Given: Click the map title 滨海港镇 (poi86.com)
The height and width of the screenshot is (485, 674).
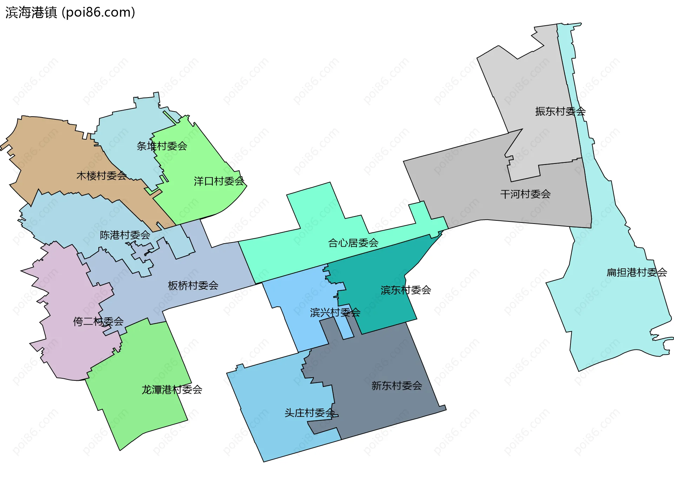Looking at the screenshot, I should tap(70, 13).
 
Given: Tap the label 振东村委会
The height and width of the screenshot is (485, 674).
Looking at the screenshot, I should tap(560, 112).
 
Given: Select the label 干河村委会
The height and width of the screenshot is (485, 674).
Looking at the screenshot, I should tap(525, 194).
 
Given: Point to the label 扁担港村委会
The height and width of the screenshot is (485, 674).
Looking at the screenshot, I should tap(637, 272).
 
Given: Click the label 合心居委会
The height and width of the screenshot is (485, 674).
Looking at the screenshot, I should tap(353, 243).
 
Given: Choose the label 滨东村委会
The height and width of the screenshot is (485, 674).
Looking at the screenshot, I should tap(406, 290).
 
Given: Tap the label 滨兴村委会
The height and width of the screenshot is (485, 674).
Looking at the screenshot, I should tap(335, 312).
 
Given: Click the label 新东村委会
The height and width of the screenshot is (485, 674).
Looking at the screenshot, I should tap(397, 386).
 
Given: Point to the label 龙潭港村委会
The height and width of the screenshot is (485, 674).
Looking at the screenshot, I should tap(172, 390).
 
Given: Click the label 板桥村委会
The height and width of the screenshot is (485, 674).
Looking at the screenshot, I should tap(193, 286).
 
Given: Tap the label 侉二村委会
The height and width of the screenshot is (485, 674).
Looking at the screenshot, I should tap(98, 321).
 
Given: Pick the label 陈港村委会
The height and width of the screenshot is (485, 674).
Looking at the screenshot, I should tap(125, 235).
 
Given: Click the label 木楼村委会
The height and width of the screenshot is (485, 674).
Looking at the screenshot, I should tap(101, 175).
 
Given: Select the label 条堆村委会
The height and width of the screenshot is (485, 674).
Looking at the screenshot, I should tap(162, 146).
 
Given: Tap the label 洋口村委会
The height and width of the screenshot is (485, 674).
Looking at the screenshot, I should tap(219, 181).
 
